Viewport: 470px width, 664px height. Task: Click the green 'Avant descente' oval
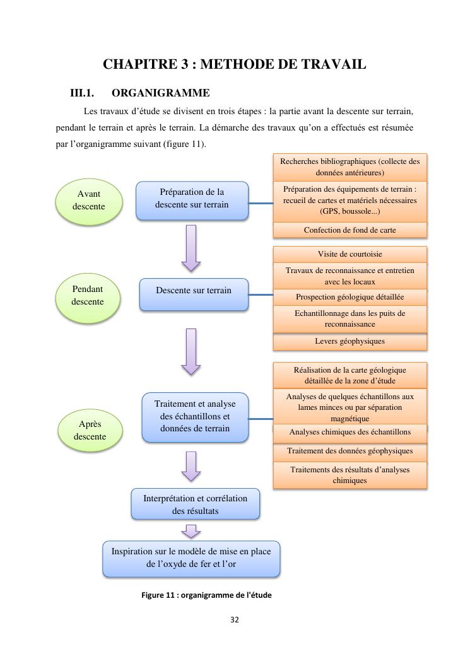88,201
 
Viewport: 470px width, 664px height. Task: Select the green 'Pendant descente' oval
87,296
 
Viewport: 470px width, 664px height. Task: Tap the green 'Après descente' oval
90,431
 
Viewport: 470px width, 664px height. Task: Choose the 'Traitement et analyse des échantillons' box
195,417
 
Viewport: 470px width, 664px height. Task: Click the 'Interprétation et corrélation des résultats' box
195,504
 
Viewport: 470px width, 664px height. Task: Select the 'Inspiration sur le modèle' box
191,558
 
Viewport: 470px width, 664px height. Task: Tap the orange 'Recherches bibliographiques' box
350,167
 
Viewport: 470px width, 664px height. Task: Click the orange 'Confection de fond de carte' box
350,230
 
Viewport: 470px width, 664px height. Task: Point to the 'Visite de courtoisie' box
350,254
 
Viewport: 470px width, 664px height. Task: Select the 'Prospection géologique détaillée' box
350,297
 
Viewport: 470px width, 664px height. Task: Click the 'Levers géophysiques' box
350,341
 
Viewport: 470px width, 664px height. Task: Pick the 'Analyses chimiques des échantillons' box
350,433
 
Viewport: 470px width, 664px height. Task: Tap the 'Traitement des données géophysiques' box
350,451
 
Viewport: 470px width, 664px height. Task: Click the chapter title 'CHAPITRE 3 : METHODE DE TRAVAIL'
234,64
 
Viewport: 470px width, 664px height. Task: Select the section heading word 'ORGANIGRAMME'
160,93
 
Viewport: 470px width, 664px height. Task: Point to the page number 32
235,620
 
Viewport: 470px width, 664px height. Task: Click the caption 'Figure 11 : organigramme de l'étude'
206,595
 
